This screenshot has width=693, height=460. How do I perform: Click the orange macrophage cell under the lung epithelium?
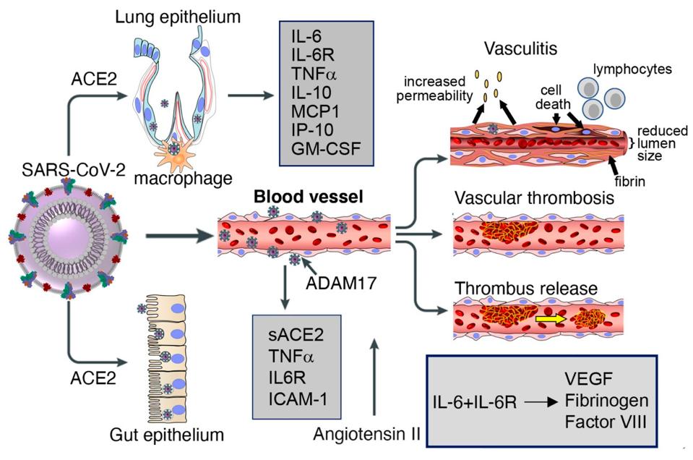click(174, 153)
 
